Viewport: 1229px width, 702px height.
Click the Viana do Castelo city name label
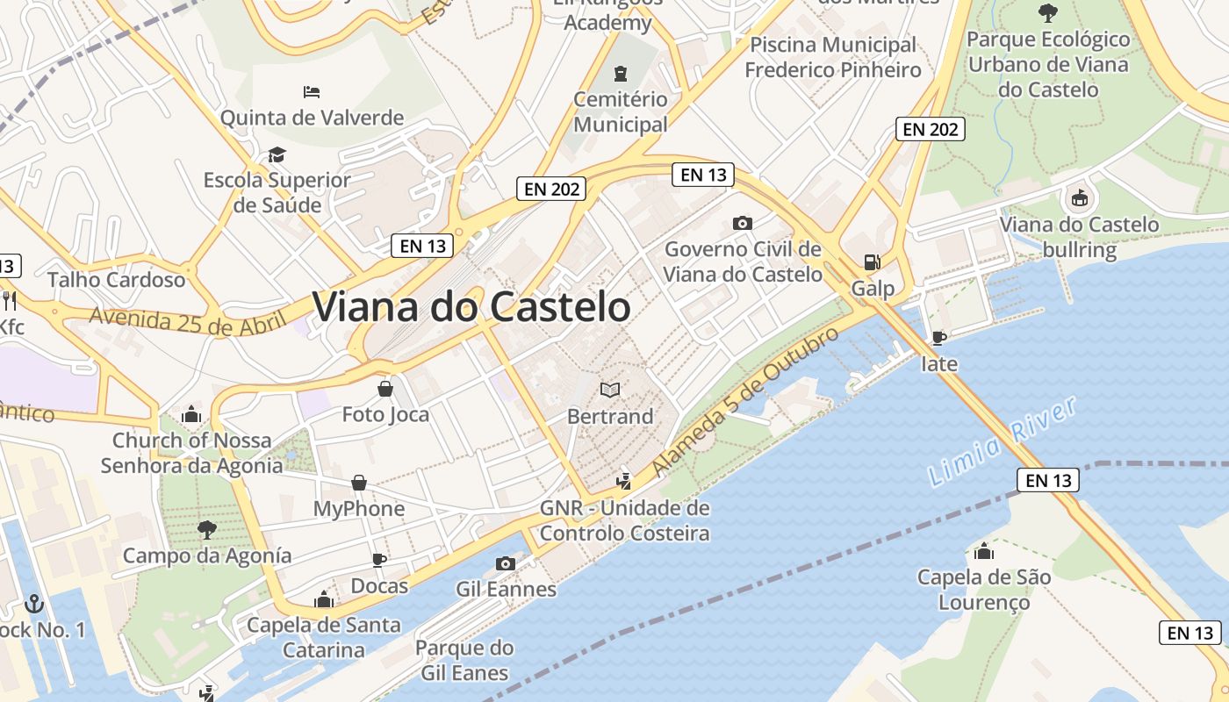point(471,307)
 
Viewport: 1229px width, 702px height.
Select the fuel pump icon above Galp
point(872,261)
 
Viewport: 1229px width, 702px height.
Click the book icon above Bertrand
point(609,389)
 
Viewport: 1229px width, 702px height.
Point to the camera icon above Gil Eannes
point(505,563)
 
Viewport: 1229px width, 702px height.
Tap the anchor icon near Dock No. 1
point(34,603)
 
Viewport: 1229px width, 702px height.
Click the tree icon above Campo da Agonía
point(206,529)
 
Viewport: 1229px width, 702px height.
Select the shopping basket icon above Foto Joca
point(385,388)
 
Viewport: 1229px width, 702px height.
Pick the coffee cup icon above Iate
point(938,338)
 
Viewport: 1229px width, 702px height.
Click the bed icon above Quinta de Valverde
point(312,91)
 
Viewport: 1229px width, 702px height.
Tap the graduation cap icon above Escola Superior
point(277,154)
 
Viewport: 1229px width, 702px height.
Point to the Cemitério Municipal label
point(621,111)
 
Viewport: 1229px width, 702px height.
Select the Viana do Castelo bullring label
point(1080,237)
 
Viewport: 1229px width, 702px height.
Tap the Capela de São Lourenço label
point(984,590)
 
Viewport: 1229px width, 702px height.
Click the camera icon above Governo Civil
point(742,224)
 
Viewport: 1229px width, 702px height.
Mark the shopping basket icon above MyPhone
point(359,483)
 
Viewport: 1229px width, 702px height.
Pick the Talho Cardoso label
point(117,280)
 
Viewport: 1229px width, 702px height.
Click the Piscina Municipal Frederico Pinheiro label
point(833,57)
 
